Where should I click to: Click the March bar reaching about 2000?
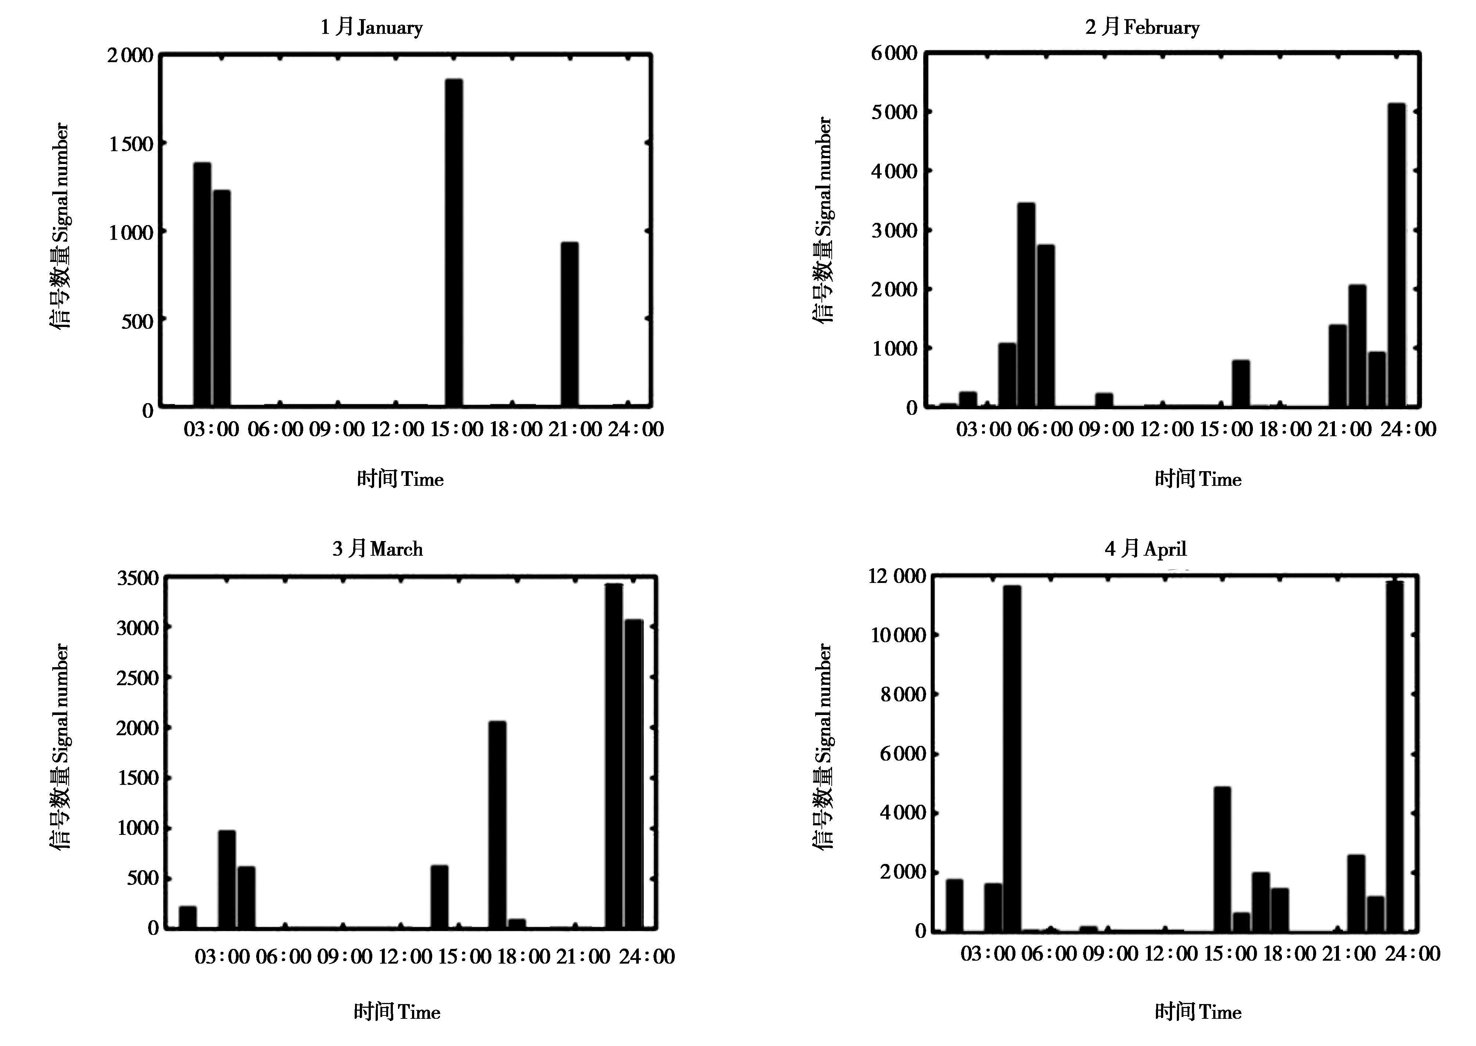coord(497,825)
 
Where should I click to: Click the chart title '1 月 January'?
coord(372,27)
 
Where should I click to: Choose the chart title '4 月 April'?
coord(1146,549)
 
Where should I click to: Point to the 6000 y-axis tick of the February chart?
coord(894,53)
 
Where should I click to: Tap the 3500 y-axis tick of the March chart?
coord(137,578)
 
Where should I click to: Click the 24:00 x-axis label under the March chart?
coord(647,957)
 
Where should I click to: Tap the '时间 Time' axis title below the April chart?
coord(1197,1012)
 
